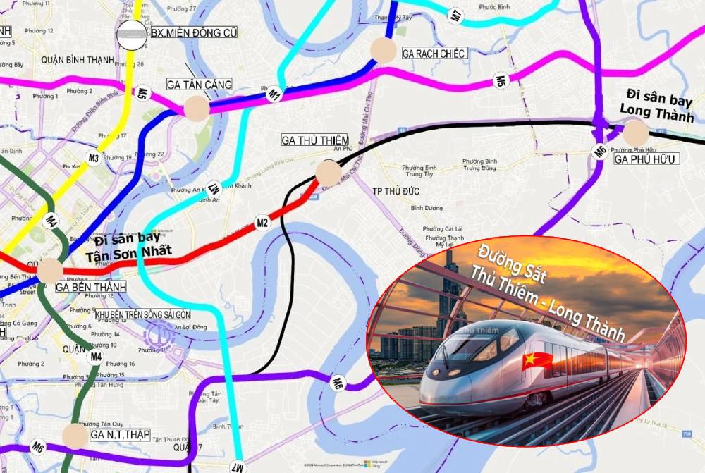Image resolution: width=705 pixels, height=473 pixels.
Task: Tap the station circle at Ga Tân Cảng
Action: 197,108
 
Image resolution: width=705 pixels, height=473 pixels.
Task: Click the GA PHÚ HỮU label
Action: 645,159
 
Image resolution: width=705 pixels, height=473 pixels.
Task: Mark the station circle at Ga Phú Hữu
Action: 635,133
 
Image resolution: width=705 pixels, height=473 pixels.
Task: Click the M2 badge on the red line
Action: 263,223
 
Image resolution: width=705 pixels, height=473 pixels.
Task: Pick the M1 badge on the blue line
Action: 274,93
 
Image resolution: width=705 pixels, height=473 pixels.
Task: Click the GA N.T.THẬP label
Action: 120,435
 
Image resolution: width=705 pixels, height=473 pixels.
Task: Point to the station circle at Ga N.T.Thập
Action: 74,436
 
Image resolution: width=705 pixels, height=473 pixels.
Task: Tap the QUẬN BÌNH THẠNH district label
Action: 78,60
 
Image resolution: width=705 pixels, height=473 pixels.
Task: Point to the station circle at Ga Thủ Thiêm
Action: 328,172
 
